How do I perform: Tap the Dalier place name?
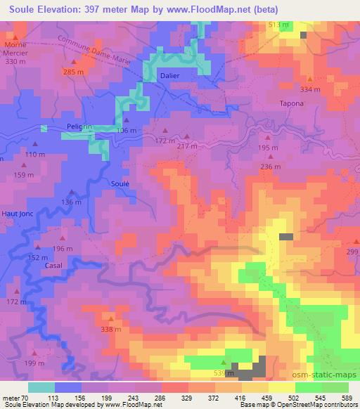click(x=169, y=75)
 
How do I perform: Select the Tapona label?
click(x=292, y=104)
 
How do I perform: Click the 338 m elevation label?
click(x=111, y=329)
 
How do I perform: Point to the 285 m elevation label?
click(x=73, y=72)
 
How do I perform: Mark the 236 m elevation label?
click(x=270, y=167)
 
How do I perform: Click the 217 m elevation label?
click(x=187, y=145)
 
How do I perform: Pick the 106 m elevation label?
click(x=127, y=131)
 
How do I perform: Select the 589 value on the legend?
click(x=346, y=397)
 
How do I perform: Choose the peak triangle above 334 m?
click(x=309, y=79)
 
